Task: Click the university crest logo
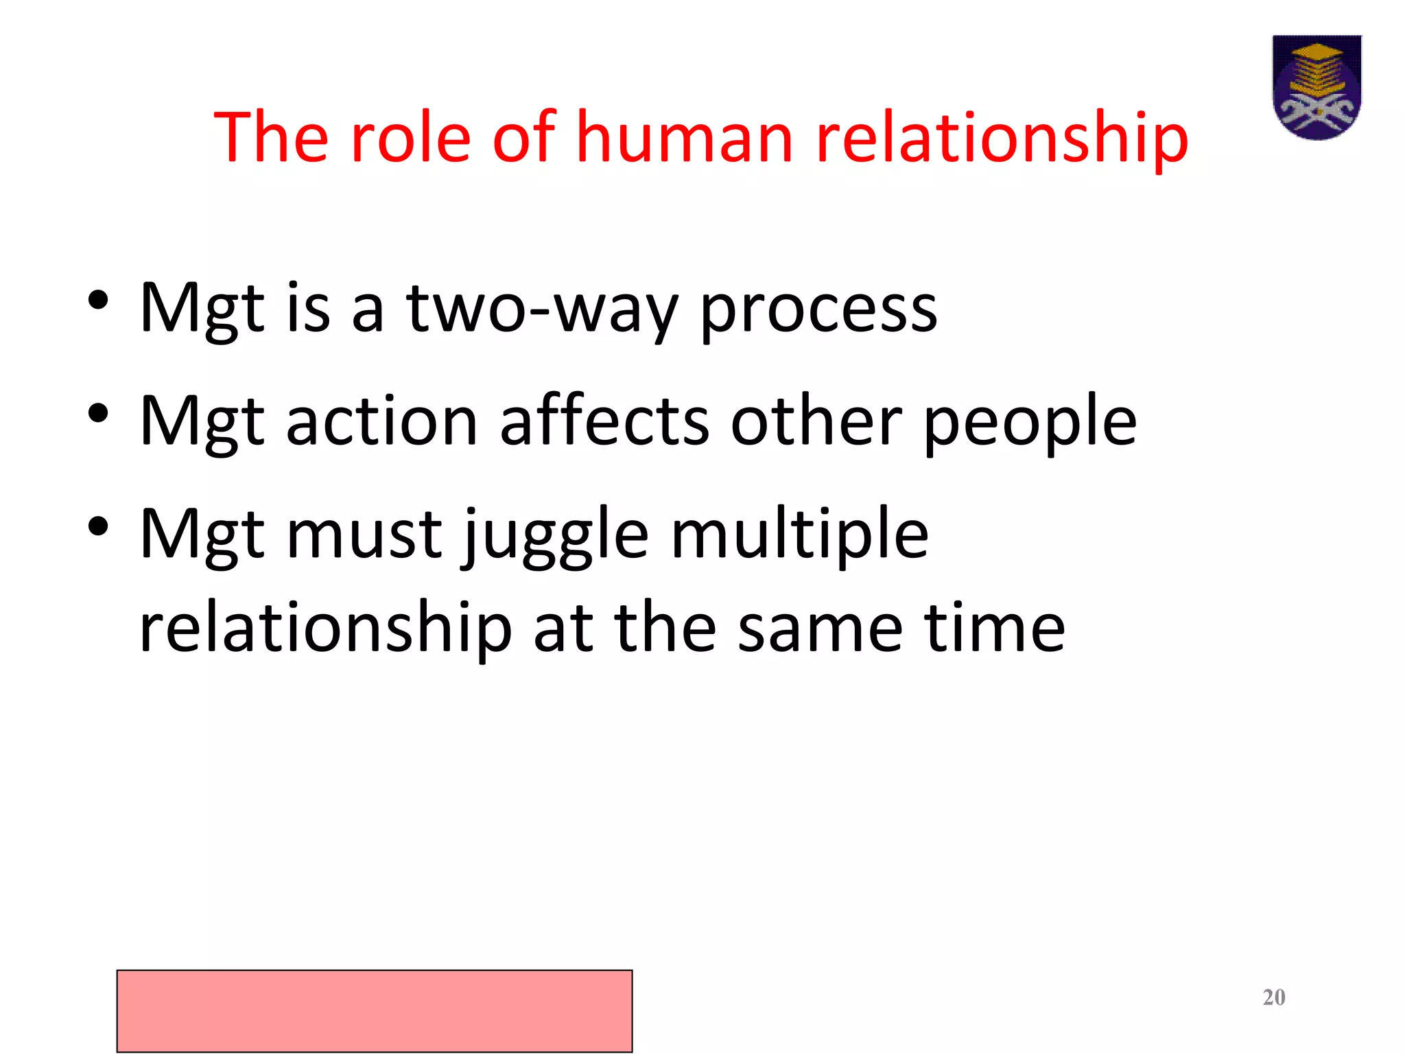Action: coord(1317,87)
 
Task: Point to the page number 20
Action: coord(1274,997)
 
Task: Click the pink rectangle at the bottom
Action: coord(375,1010)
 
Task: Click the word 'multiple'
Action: coord(799,535)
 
